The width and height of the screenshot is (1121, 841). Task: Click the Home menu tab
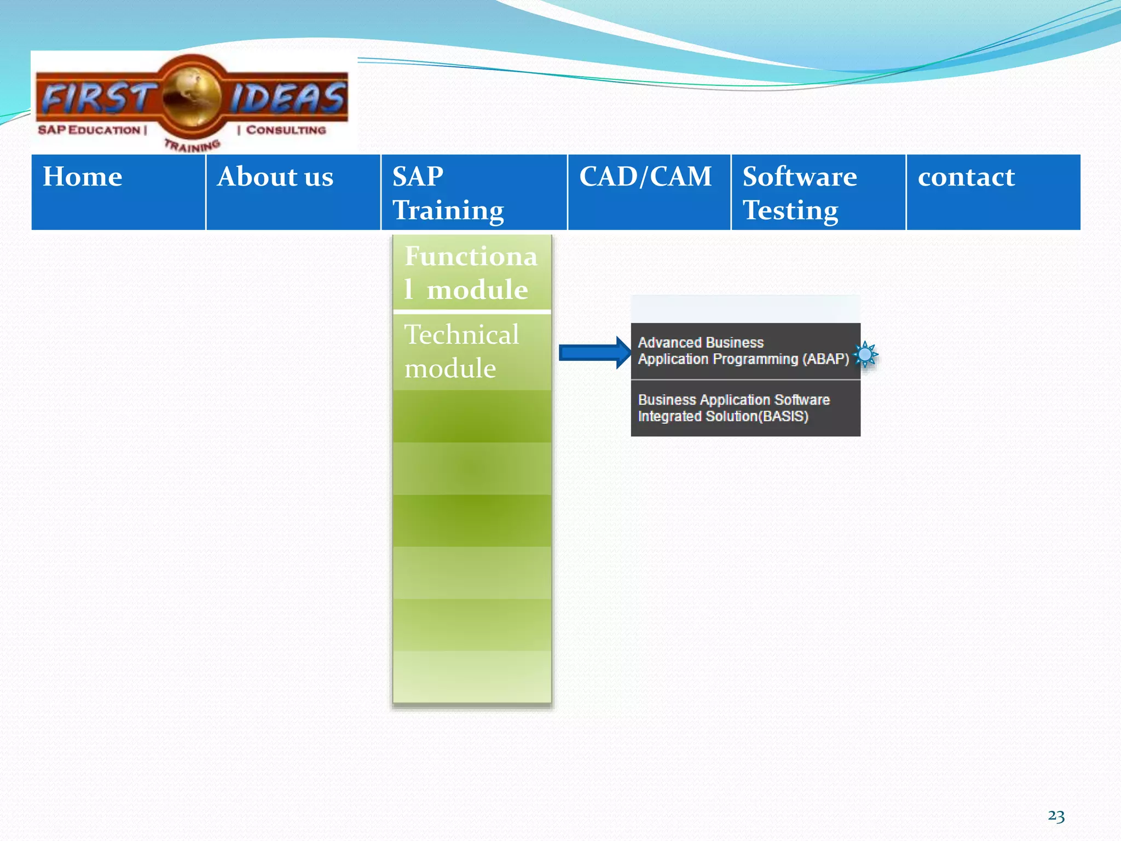[x=118, y=192]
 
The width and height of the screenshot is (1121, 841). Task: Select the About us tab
[x=293, y=192]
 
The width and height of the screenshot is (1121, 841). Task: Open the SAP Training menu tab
[x=474, y=192]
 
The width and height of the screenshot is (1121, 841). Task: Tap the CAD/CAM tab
[x=649, y=192]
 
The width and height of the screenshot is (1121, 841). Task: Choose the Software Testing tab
[x=818, y=192]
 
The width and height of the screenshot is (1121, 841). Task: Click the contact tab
[x=993, y=192]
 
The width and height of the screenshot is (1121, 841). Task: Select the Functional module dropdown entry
[x=471, y=273]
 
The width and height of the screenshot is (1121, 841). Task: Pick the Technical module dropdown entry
[x=471, y=352]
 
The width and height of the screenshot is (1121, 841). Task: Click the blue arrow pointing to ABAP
[x=594, y=353]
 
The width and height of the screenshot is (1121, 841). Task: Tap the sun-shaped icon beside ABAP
[x=865, y=354]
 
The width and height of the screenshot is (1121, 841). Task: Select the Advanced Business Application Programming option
[x=743, y=351]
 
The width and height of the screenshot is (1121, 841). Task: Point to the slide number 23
[x=1056, y=816]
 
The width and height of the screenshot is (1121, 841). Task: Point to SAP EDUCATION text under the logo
[x=90, y=130]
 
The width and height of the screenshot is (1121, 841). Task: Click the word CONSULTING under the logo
[x=286, y=130]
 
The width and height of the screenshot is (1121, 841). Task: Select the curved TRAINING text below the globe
[x=193, y=146]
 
